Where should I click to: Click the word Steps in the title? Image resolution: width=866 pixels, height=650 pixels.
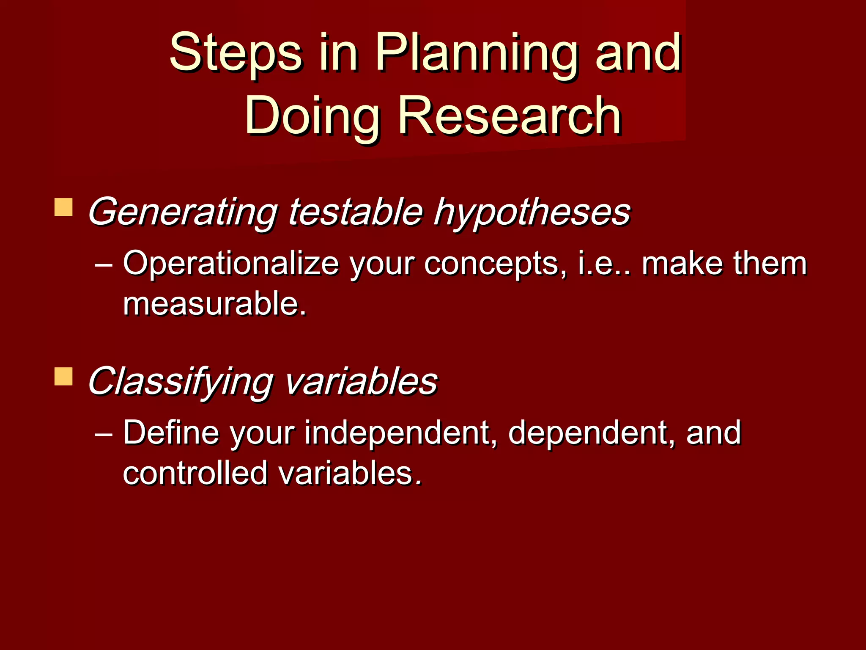236,53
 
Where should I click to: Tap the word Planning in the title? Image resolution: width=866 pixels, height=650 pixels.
476,53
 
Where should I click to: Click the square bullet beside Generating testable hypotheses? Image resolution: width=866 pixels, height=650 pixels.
63,207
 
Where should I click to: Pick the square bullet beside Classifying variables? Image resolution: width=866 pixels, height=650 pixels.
63,376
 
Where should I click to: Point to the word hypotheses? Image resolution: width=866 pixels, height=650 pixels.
532,212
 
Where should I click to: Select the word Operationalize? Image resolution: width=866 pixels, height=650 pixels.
231,264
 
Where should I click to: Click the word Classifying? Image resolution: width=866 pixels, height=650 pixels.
180,381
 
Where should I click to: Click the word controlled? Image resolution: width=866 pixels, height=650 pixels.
195,473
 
